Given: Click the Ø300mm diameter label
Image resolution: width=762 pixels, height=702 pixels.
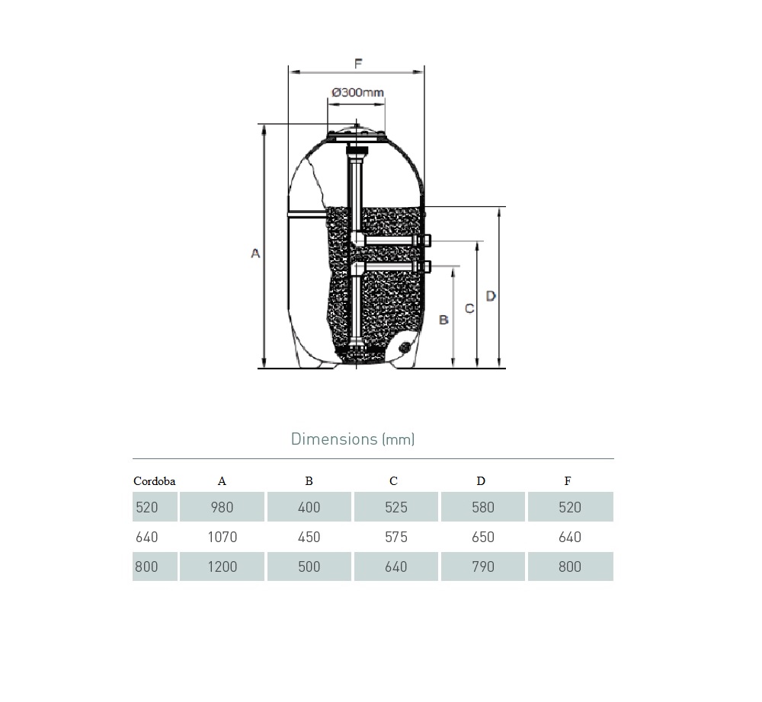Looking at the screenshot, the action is tap(357, 92).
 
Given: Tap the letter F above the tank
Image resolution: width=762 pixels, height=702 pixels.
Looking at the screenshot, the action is tap(358, 64).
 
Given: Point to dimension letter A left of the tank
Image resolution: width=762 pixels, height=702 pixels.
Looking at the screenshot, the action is tap(255, 253).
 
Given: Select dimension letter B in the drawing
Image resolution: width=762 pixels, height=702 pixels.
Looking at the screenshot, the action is tap(443, 320).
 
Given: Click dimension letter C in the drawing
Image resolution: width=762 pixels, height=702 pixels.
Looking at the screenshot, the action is tap(469, 308).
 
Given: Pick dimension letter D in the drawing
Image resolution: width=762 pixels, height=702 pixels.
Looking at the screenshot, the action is tap(491, 295).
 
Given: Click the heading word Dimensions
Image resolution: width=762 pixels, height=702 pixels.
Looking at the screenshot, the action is tap(334, 439).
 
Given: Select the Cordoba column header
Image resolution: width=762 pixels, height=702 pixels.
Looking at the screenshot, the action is tap(155, 481).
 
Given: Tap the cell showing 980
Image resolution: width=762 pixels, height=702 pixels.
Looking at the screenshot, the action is tap(222, 507).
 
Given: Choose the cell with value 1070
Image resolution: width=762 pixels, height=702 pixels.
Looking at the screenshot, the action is tap(222, 537).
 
